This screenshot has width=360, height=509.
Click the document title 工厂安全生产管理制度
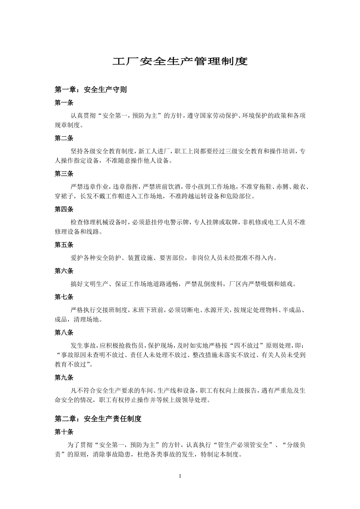[x=180, y=62]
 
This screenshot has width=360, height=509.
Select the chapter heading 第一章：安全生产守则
[x=91, y=90]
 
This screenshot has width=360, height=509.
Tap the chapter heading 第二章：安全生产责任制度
[x=98, y=419]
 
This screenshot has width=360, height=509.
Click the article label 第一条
[x=64, y=103]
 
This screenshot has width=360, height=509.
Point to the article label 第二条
[x=64, y=138]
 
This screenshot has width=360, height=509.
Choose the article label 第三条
[x=64, y=174]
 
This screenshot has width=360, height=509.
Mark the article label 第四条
[x=64, y=209]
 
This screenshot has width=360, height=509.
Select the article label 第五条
[x=64, y=245]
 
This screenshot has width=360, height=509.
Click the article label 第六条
[x=64, y=271]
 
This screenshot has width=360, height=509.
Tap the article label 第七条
[x=64, y=297]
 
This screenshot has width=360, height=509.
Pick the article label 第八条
[x=64, y=333]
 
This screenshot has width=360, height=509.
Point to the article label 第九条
[x=64, y=378]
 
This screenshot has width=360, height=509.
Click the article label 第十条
[x=64, y=432]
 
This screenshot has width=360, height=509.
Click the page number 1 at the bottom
[x=180, y=476]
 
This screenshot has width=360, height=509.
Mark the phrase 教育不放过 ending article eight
[x=70, y=364]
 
